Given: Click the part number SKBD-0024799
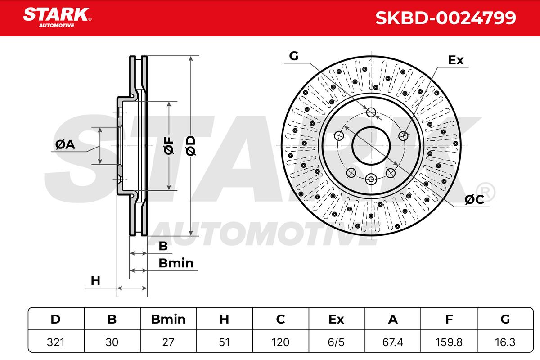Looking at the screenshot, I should [445, 18].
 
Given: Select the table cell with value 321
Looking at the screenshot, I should [55, 342].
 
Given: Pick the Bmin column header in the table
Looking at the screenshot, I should [168, 319].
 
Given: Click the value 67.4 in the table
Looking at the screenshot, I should [393, 342].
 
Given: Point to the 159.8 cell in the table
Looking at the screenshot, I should [449, 342].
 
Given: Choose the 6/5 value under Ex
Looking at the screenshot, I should [337, 342].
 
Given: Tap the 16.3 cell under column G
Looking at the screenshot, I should [505, 342].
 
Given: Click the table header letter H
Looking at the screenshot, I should [224, 319].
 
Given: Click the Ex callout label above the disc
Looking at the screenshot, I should [456, 60].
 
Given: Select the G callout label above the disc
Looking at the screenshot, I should [293, 56].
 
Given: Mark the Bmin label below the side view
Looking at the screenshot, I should [175, 263].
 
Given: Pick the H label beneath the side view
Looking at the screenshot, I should [95, 281].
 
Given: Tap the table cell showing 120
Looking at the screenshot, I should [280, 342].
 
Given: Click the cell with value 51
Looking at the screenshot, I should [224, 342].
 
